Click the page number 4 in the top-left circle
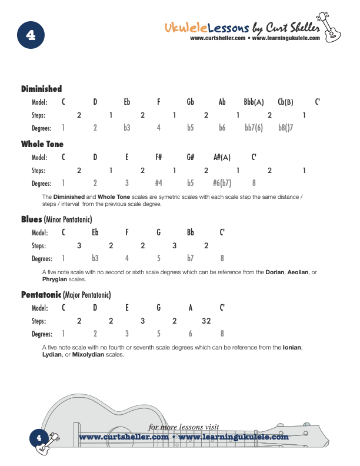(31, 35)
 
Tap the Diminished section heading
(41, 89)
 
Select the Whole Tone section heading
(42, 144)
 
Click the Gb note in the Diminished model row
(191, 102)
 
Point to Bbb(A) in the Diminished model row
(254, 102)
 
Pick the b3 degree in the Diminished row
(126, 128)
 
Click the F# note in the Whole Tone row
(158, 157)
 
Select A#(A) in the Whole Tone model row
(222, 157)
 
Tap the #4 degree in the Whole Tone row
(158, 183)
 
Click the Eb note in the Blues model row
(95, 232)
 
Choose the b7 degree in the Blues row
(191, 258)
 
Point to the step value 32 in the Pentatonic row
(206, 321)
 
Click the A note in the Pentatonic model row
(190, 308)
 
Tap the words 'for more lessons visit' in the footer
(184, 427)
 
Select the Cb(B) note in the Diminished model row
(285, 102)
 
